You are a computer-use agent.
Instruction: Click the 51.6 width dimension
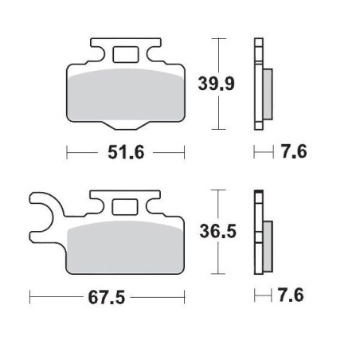(x=125, y=152)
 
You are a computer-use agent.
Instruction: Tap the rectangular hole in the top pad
(x=126, y=55)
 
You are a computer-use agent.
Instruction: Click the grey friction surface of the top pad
(x=125, y=96)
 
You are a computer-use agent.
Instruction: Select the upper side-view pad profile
(x=260, y=84)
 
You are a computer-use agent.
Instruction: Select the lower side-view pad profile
(x=260, y=234)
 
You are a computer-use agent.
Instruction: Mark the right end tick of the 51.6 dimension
(x=185, y=152)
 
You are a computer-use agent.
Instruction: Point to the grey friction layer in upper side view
(x=267, y=88)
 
